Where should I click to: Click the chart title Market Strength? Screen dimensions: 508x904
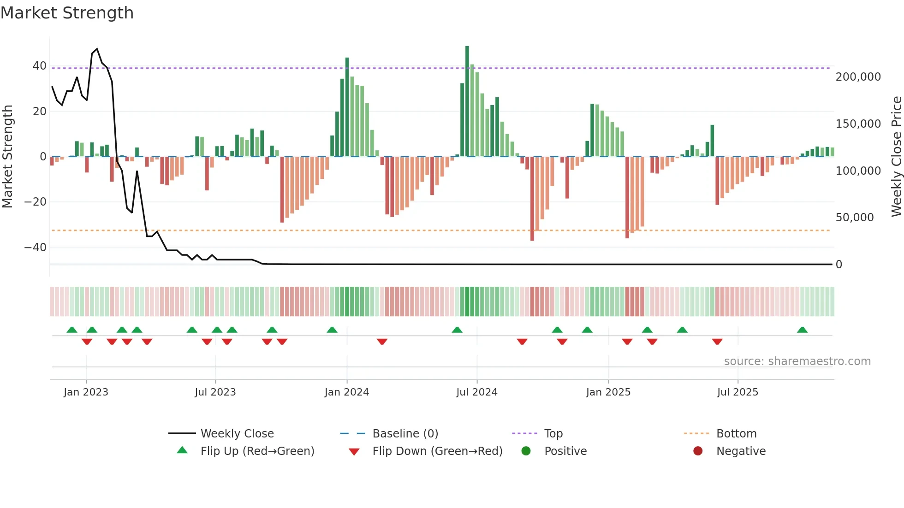pos(67,13)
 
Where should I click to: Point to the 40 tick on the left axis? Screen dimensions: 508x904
pos(40,66)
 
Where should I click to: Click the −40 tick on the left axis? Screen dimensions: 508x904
pos(36,248)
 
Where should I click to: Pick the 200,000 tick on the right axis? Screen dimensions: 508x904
pos(858,77)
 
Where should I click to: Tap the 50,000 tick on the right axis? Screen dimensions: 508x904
pos(854,218)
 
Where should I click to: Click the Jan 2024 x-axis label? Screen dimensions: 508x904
pos(347,392)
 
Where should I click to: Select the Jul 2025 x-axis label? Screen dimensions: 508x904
pos(737,392)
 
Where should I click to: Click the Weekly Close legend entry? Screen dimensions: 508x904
pos(237,434)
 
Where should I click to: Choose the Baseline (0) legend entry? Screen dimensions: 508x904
pos(405,434)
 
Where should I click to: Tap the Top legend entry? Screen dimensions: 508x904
pos(553,434)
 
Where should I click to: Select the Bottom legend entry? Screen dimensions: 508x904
pos(736,434)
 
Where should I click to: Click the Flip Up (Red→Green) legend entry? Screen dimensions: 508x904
pos(257,451)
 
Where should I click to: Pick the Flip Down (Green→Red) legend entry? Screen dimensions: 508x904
pos(437,451)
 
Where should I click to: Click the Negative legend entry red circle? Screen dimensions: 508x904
pos(698,451)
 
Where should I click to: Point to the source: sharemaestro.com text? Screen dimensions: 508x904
pos(797,361)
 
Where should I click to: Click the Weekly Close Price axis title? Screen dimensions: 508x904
pos(896,156)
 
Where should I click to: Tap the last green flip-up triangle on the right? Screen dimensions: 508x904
pos(802,330)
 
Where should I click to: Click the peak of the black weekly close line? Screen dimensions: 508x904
pos(97,49)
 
